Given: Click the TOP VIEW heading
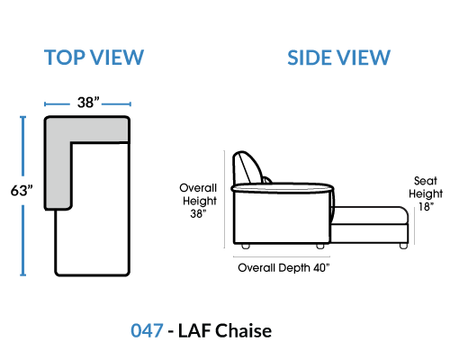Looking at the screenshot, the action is tap(94, 58).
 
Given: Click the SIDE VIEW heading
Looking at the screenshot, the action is tap(338, 58).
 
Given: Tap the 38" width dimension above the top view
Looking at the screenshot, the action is tap(88, 103).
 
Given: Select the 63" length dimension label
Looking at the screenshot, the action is tap(22, 191).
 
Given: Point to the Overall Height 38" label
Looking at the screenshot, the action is tap(198, 201).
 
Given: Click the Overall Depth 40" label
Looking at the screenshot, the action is tap(283, 267).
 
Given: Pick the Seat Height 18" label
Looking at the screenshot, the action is tap(426, 193).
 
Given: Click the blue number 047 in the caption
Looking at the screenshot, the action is tap(147, 330).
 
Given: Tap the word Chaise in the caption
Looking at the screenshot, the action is tap(244, 330).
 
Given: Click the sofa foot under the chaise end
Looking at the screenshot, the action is tap(403, 246).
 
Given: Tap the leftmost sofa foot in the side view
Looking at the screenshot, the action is tap(246, 247).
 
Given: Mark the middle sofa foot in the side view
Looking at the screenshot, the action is tap(320, 247).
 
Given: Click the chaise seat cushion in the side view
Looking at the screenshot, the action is tap(370, 215).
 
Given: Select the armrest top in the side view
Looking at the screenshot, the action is tap(283, 188).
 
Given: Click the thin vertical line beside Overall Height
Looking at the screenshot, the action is tap(224, 199).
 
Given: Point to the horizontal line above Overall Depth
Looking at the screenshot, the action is tap(282, 256).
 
